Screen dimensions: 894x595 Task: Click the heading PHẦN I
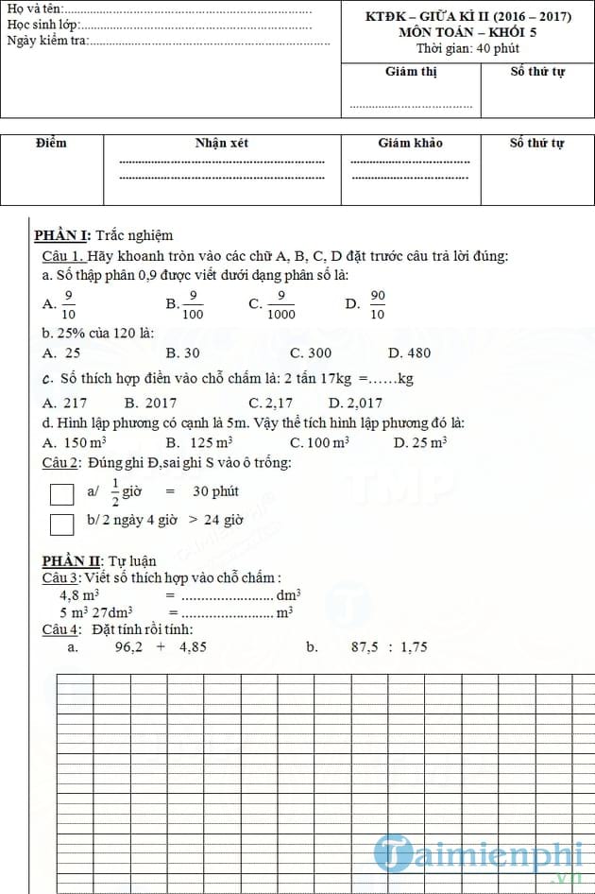(x=61, y=235)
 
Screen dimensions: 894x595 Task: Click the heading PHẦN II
(x=64, y=561)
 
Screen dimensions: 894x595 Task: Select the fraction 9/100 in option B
(x=193, y=304)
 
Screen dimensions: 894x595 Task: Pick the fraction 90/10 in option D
(x=377, y=304)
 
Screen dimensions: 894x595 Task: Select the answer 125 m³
(x=211, y=442)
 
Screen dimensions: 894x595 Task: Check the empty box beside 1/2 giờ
(x=61, y=494)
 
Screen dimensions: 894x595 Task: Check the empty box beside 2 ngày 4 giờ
(x=61, y=524)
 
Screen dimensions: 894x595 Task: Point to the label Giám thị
(x=411, y=72)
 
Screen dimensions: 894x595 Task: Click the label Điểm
(x=51, y=143)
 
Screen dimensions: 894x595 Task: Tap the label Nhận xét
(x=222, y=143)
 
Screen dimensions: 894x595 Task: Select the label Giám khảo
(x=410, y=143)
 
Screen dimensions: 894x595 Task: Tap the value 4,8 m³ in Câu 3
(x=79, y=595)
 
